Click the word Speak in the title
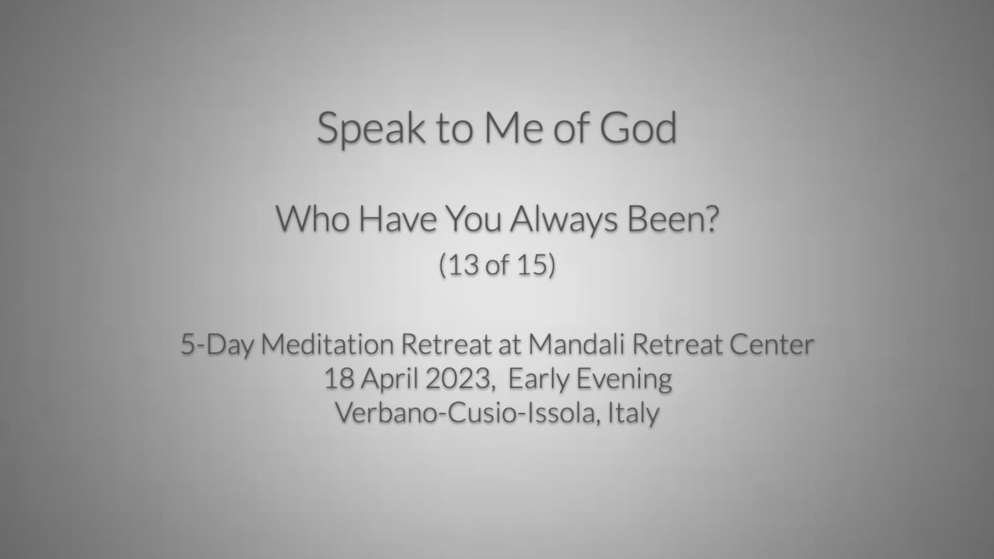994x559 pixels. point(371,129)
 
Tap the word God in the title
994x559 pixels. point(638,128)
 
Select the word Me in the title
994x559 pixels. point(513,128)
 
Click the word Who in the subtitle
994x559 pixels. point(312,219)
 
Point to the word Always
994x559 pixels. point(564,220)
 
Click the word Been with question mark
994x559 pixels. point(673,219)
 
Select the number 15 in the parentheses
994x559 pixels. point(532,265)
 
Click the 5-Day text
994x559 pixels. point(217,345)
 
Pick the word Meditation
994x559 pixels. point(328,344)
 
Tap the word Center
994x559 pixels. point(772,344)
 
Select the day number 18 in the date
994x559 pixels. point(339,378)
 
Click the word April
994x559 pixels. point(390,380)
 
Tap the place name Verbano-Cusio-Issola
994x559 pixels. point(465,412)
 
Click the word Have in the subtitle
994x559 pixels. point(398,219)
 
